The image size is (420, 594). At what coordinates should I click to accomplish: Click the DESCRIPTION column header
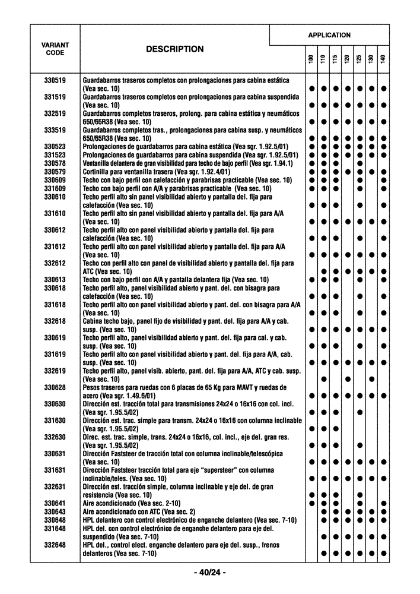(174, 49)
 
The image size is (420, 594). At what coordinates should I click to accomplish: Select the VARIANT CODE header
(55, 49)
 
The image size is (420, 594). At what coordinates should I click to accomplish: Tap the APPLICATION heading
(329, 35)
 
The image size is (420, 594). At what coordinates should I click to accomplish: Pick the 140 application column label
(384, 59)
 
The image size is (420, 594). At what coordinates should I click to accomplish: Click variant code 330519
(55, 80)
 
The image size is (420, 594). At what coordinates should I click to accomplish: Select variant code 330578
(55, 163)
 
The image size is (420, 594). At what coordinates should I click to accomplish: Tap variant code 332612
(55, 263)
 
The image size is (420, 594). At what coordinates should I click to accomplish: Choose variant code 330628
(55, 388)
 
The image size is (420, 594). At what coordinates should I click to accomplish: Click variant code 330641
(55, 503)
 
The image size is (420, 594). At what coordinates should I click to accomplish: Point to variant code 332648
(55, 545)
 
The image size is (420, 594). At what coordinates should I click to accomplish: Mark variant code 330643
(55, 511)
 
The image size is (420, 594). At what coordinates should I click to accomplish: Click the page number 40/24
(210, 573)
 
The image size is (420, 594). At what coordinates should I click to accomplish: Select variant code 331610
(55, 213)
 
